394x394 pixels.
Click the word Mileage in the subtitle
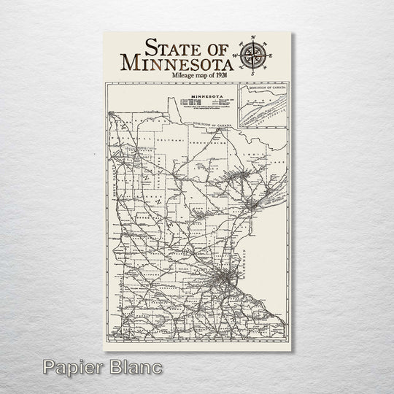[x=185, y=76]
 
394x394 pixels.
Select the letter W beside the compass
[x=237, y=53]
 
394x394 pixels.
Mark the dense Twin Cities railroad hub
[x=218, y=278]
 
